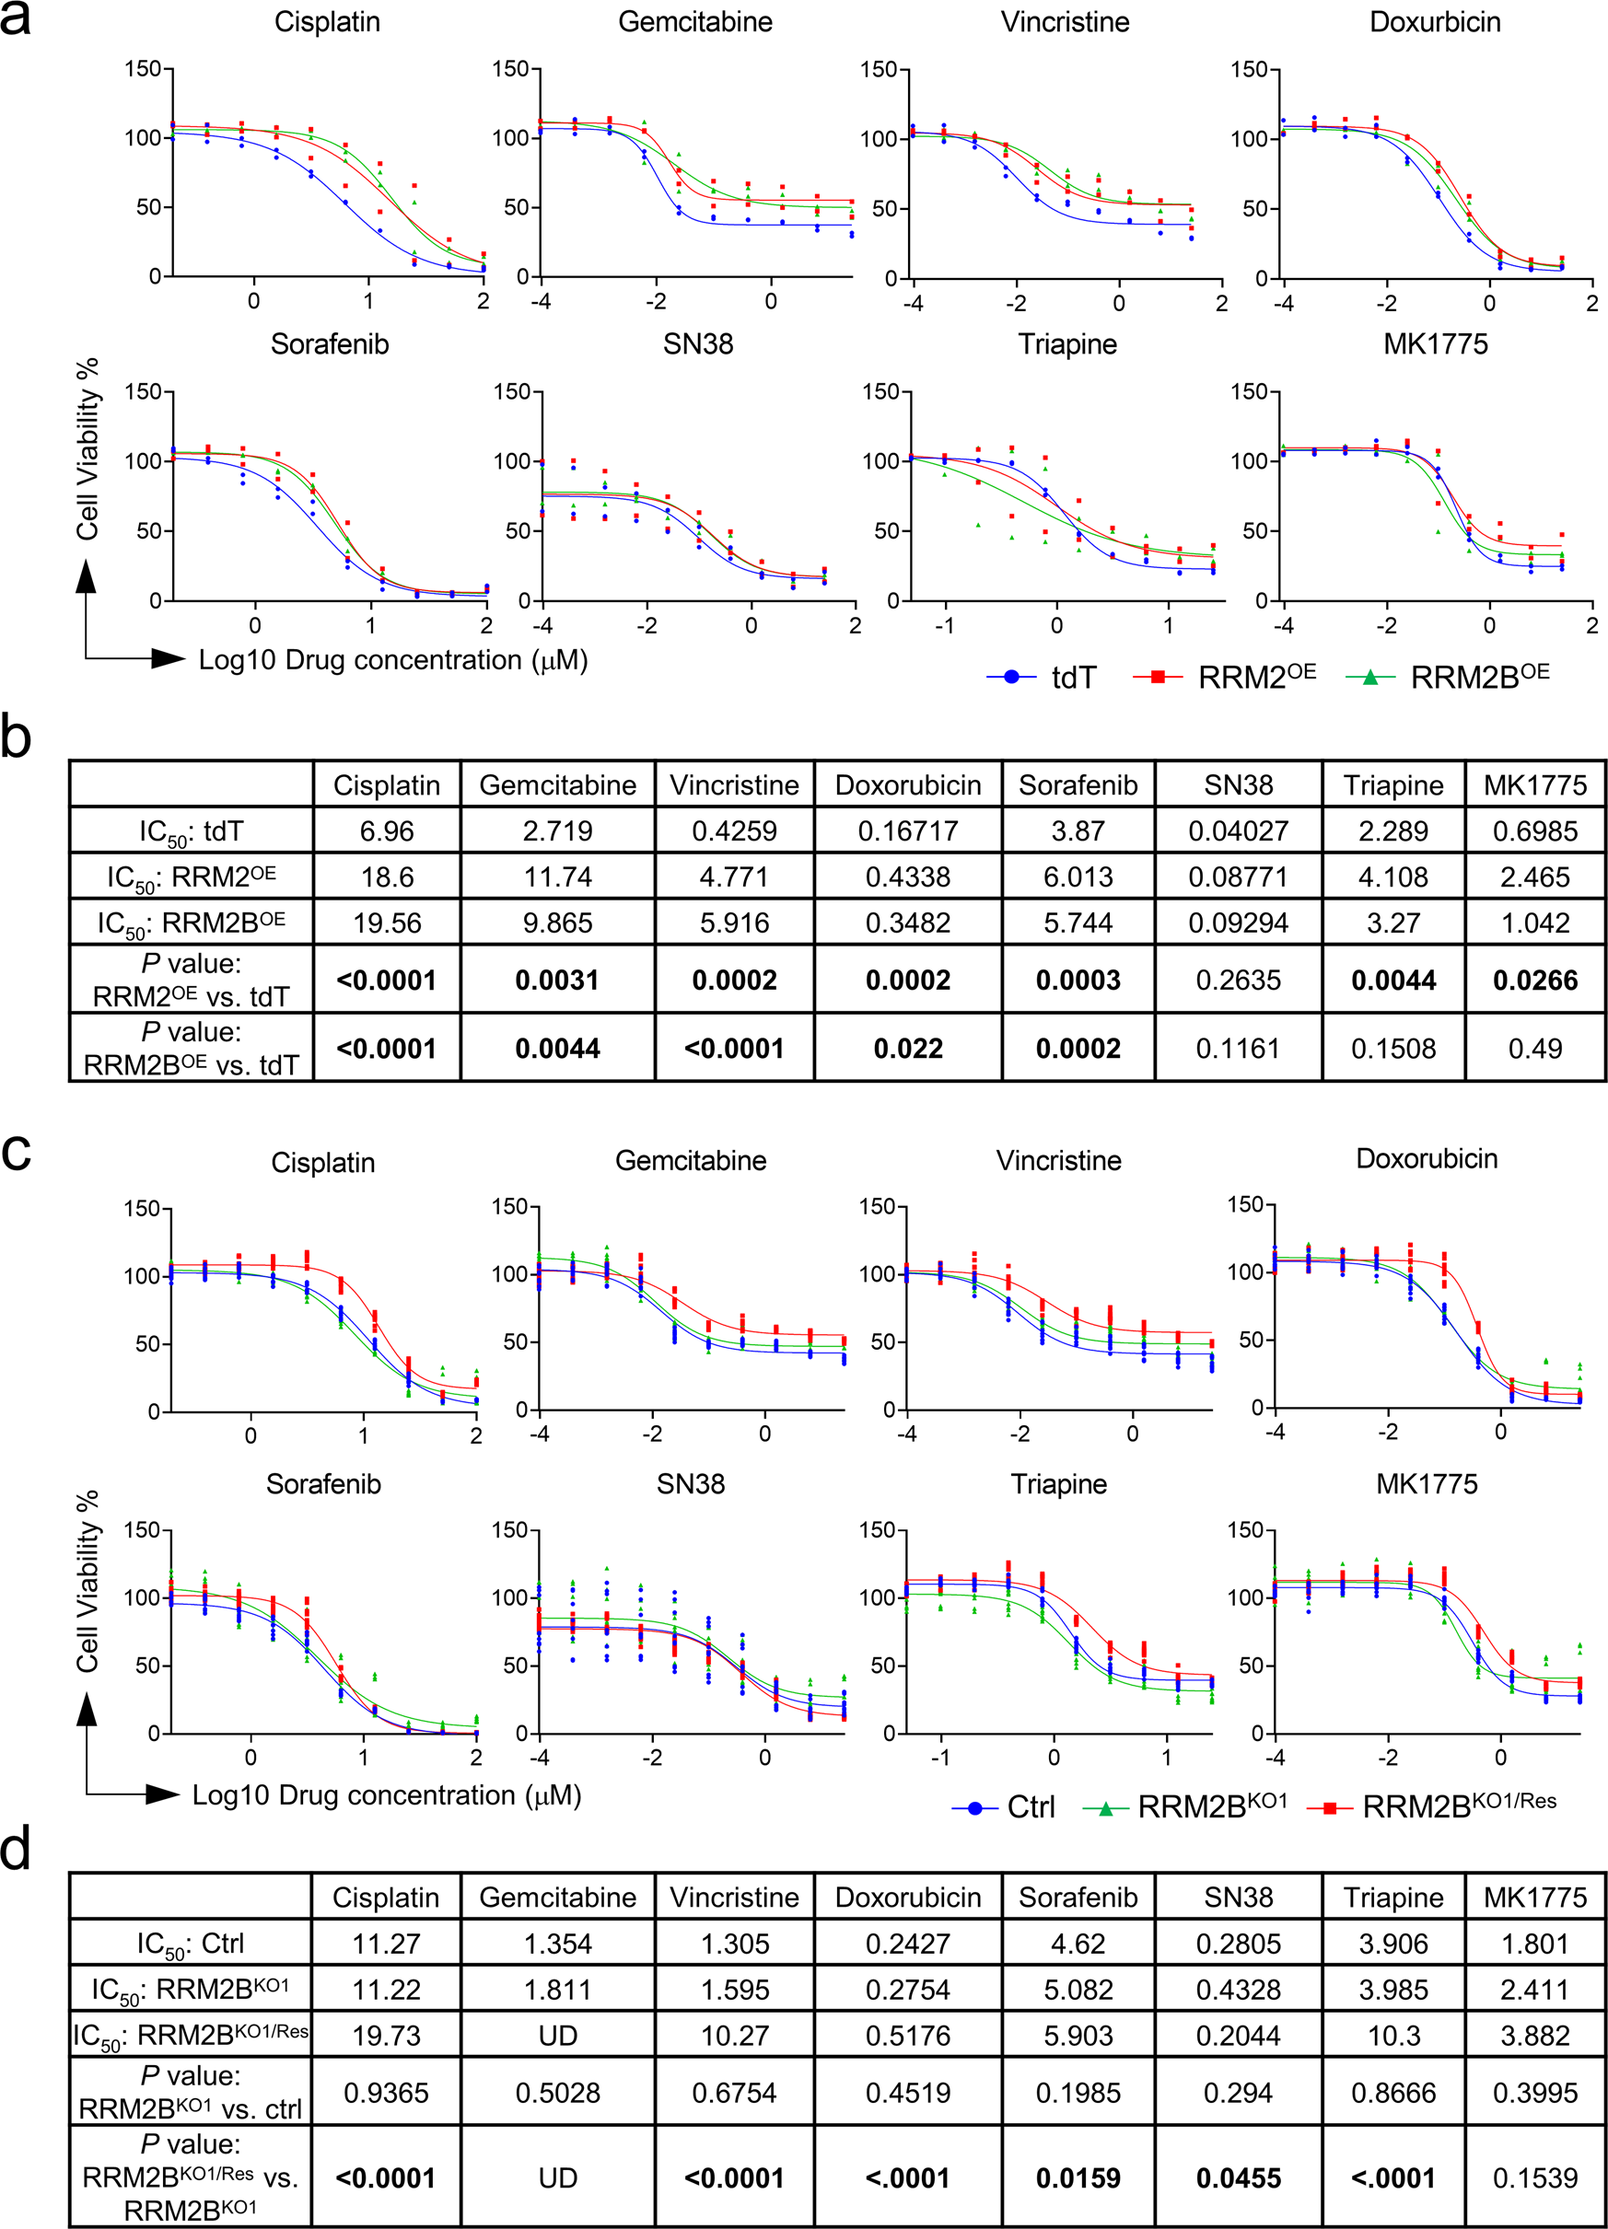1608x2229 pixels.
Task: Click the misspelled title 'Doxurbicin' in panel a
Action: point(1434,21)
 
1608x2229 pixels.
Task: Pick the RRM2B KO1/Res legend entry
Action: point(1434,1805)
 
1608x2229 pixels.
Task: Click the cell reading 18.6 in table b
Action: point(386,877)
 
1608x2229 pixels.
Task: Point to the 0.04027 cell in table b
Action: point(1238,831)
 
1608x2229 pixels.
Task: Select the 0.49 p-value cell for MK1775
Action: point(1534,1049)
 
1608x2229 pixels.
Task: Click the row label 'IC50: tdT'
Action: point(191,831)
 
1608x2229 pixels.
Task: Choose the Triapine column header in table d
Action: point(1392,1897)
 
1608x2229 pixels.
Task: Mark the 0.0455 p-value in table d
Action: point(1238,2177)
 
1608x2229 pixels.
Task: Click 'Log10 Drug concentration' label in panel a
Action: point(393,659)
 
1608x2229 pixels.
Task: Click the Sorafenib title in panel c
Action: point(323,1483)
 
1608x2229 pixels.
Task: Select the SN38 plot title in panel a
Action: point(697,344)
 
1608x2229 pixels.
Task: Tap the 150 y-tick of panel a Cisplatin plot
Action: point(143,69)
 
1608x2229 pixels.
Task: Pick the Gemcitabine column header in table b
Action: point(557,785)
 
